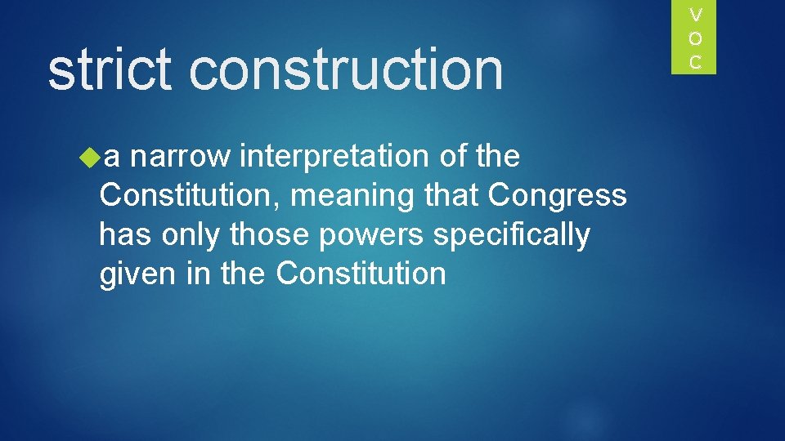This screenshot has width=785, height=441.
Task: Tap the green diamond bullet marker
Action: coord(90,156)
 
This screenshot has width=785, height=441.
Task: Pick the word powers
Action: coord(371,235)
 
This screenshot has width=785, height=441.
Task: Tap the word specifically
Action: coord(511,235)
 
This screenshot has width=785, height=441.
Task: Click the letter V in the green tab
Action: coord(696,15)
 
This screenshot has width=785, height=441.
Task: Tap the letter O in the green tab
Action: coord(696,38)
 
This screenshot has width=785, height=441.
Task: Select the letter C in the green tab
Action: coord(696,62)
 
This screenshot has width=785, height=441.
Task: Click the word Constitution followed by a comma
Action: coord(191,196)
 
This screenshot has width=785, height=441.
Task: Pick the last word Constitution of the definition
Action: coord(361,274)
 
